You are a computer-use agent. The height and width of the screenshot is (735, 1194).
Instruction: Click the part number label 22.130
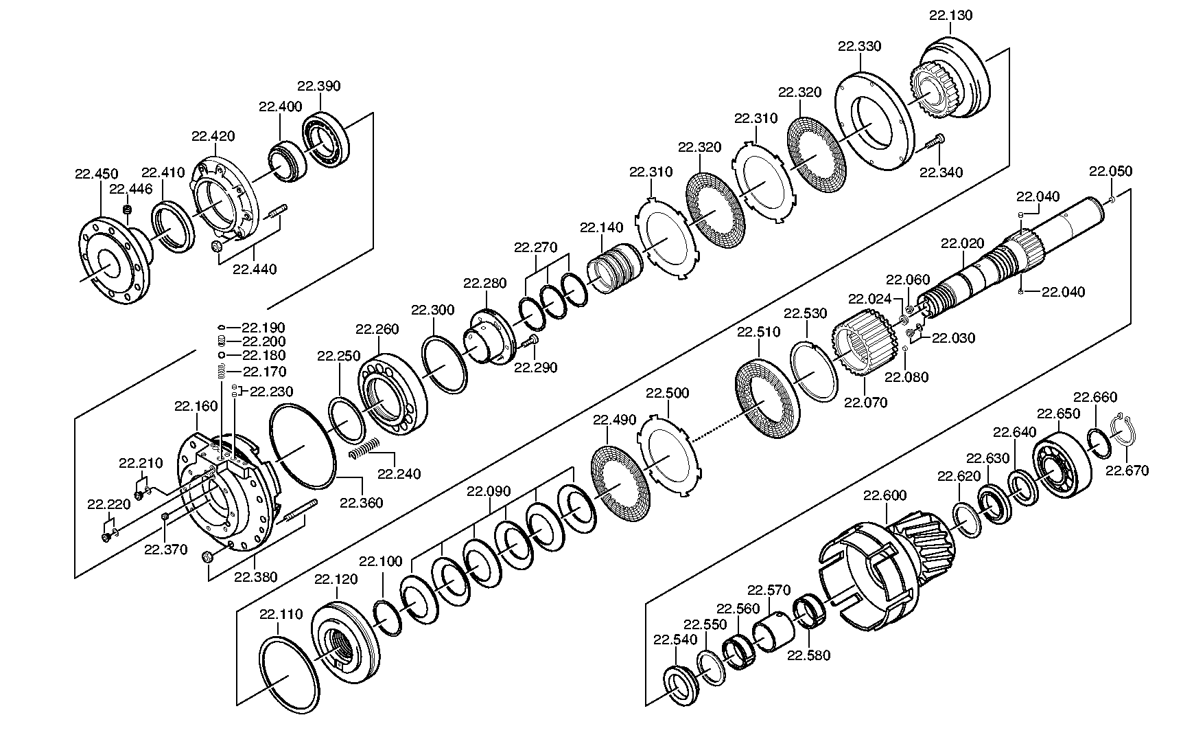pos(951,16)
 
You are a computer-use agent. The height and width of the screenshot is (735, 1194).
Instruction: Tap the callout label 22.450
pos(97,174)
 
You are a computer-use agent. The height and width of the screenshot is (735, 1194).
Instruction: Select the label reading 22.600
pos(885,495)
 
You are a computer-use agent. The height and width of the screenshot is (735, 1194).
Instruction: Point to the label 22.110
pos(281,614)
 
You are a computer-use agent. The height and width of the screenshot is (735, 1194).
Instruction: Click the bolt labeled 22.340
pos(932,145)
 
